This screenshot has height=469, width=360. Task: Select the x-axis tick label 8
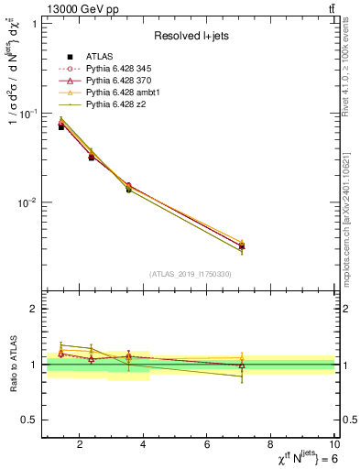[271, 445]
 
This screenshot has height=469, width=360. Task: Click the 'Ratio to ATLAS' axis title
[11, 365]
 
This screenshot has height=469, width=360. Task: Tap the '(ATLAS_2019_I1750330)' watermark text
[190, 274]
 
